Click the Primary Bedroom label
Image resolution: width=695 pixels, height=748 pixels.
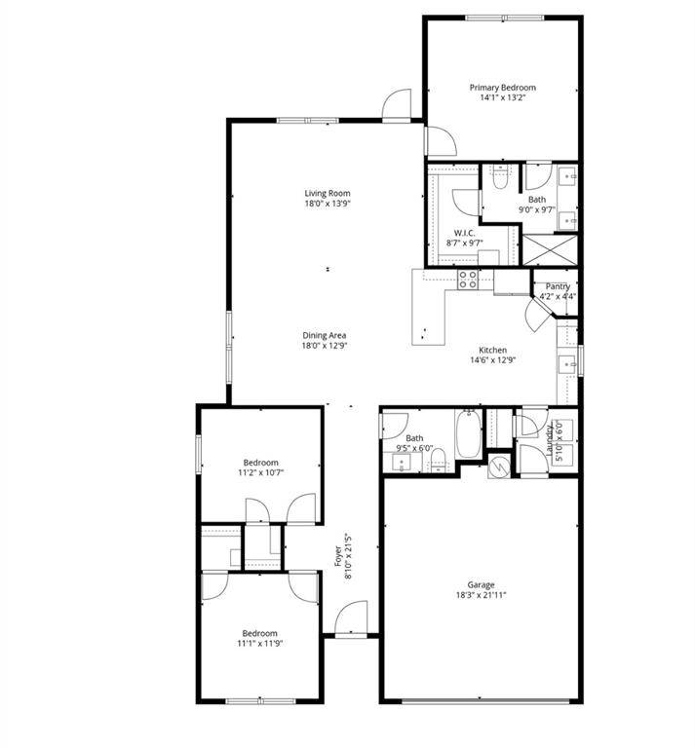click(502, 88)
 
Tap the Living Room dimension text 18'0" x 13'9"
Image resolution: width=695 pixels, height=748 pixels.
click(327, 204)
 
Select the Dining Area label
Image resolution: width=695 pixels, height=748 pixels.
click(325, 335)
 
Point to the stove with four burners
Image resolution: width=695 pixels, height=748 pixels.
click(468, 280)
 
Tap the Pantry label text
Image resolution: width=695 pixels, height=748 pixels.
click(558, 286)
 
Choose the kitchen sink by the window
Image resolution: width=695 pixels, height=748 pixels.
click(566, 364)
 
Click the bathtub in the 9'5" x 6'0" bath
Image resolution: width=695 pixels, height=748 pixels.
click(469, 434)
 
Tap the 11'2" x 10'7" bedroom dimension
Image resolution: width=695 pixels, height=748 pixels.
click(260, 473)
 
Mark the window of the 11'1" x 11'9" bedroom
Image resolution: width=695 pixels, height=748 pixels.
click(258, 699)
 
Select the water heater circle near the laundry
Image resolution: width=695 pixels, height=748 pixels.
click(497, 467)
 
